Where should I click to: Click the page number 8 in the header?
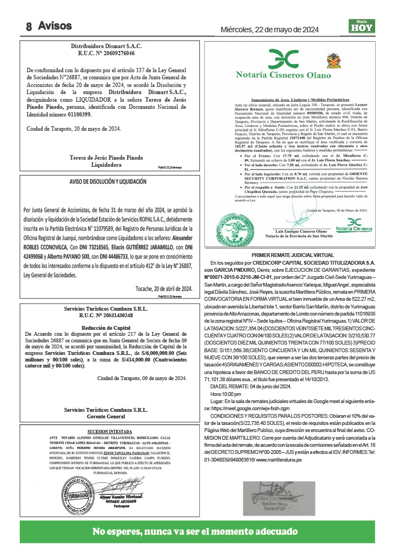point(28,26)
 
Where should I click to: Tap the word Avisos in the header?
point(55,25)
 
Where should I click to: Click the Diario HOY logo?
point(362,26)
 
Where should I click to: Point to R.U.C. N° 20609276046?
point(106,54)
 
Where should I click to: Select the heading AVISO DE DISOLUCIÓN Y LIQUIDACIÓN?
point(108,181)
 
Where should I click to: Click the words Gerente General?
point(106,401)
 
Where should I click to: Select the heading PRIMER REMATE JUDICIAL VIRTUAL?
point(294,255)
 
